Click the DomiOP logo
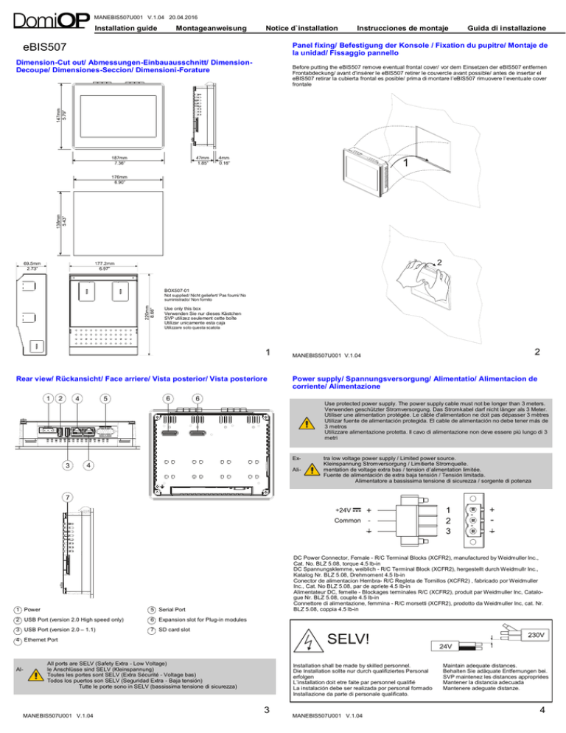click(49, 18)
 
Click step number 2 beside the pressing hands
click(440, 263)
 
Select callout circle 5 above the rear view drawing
click(106, 399)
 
